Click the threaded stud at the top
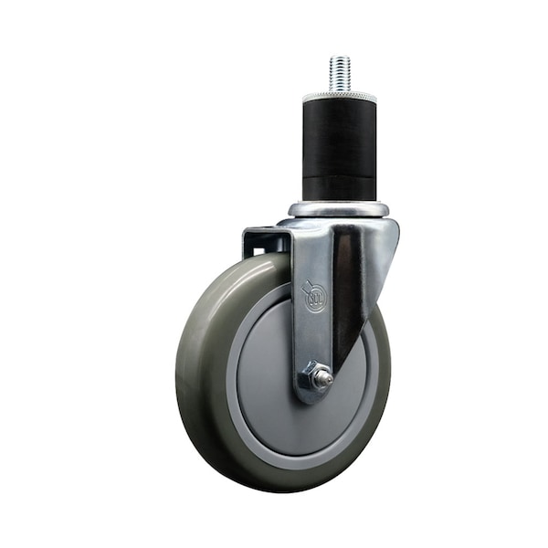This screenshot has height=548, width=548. tap(340, 73)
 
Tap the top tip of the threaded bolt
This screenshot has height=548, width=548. tap(340, 58)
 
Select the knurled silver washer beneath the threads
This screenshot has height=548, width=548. tap(340, 95)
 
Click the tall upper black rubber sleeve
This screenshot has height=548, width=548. tap(340, 132)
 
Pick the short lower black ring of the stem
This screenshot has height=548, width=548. tap(340, 187)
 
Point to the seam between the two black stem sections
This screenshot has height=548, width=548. tap(340, 174)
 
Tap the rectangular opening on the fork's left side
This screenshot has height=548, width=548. tap(264, 241)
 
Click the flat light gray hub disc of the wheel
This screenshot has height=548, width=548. tap(274, 365)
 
